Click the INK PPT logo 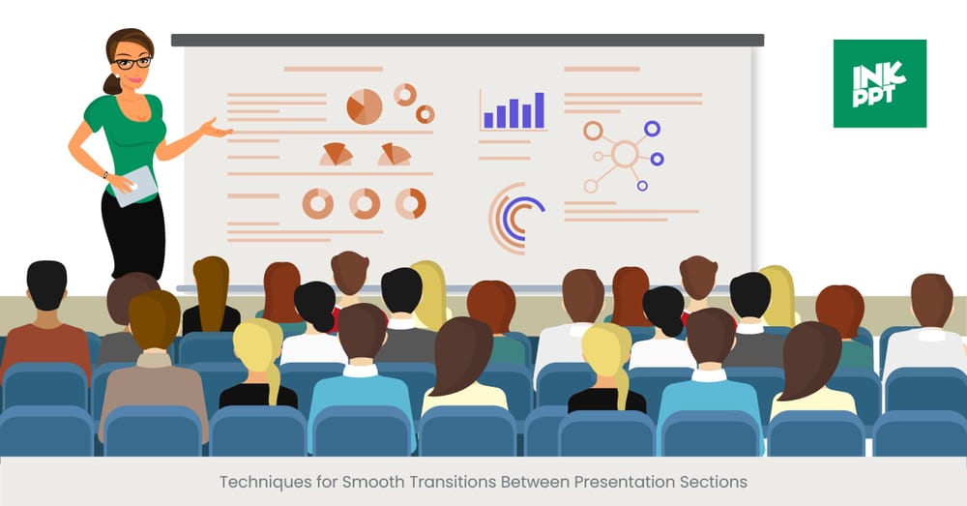coord(879,83)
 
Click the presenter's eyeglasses coord(132,63)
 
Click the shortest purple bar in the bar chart coord(488,120)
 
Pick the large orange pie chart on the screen coord(365,106)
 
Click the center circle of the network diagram coord(625,154)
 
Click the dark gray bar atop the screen coord(467,41)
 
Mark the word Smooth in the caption coord(370,481)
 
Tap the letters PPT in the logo coord(879,98)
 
